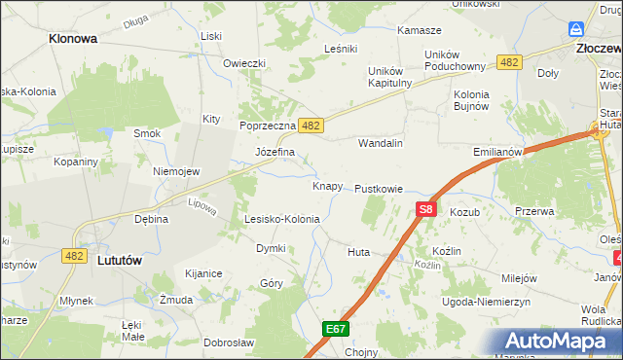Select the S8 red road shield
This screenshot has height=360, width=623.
coord(425,208)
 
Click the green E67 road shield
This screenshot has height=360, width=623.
coord(337,330)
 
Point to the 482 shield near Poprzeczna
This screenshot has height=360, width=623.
coord(311,126)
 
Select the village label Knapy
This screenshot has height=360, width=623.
coord(327,186)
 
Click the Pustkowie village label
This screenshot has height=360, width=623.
coord(379,188)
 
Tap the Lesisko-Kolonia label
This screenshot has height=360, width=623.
coord(281,219)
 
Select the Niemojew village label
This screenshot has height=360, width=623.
coord(176,171)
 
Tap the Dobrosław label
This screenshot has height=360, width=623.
coord(229,342)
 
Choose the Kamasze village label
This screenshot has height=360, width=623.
coord(420,30)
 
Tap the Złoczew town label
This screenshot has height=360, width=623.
coord(598,46)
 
